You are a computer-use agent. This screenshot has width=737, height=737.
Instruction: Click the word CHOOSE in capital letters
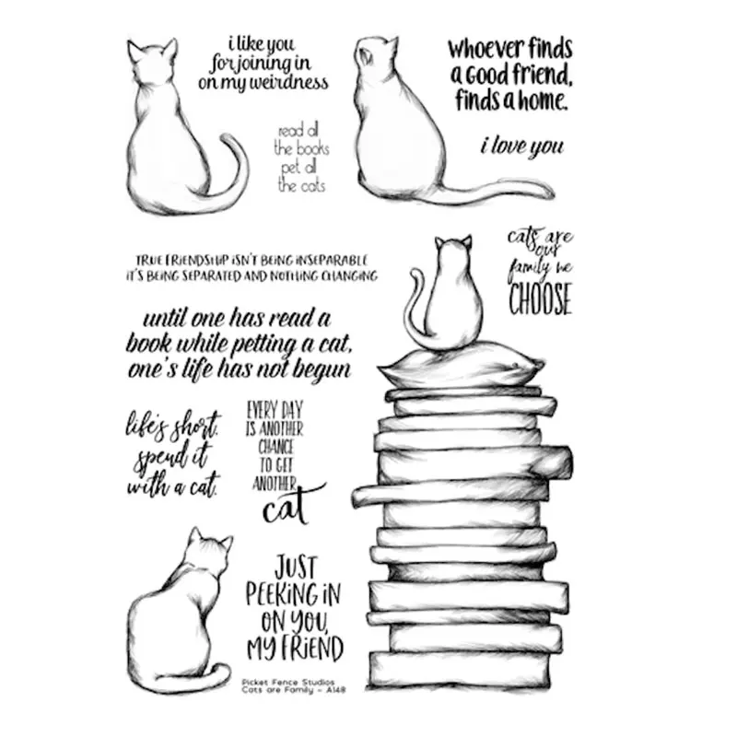point(540,298)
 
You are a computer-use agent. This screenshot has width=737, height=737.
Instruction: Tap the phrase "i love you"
point(521,145)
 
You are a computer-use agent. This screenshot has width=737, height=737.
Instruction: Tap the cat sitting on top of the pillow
point(445,299)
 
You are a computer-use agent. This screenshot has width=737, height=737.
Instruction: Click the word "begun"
point(317,369)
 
